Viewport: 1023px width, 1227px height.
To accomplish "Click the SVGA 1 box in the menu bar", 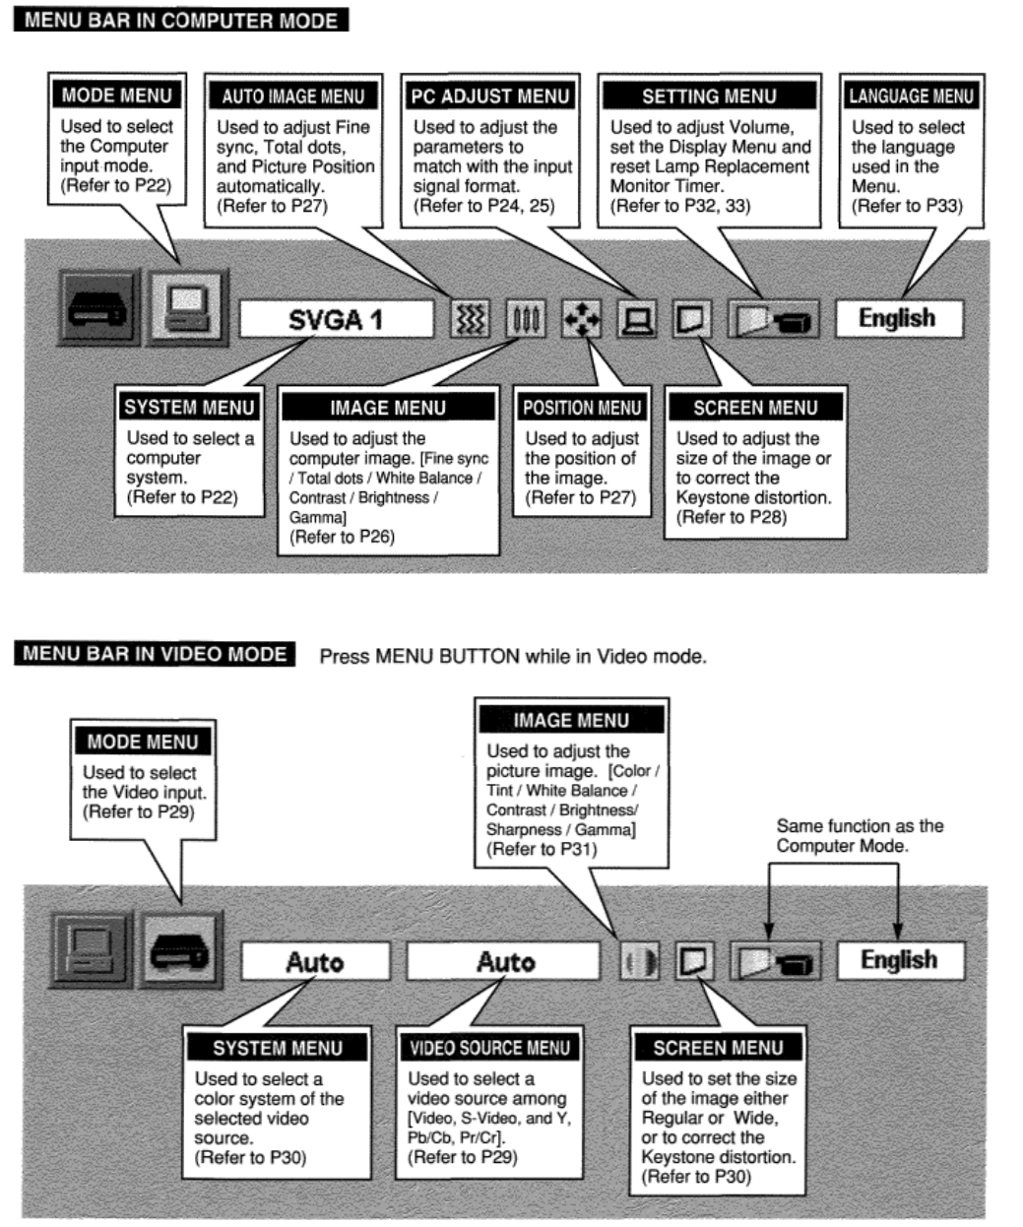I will (x=336, y=320).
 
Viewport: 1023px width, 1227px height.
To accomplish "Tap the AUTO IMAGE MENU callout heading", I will (x=292, y=97).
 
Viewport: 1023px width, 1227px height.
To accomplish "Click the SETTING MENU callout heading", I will (x=709, y=97).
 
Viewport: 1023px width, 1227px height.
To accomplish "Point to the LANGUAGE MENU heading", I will (x=911, y=97).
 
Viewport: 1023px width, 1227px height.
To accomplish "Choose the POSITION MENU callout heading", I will (x=582, y=408).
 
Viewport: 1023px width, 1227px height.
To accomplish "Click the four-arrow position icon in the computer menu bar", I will (x=581, y=320).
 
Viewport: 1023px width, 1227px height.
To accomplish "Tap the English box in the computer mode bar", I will (x=897, y=318).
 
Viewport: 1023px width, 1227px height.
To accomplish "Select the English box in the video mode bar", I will (x=899, y=960).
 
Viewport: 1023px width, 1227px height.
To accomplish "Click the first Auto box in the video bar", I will (x=315, y=961).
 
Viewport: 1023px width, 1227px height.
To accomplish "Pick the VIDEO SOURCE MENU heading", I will (x=489, y=1048).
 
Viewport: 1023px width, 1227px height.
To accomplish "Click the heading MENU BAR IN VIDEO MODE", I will (x=155, y=655).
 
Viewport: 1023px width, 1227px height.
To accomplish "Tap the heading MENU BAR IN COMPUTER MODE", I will (x=181, y=20).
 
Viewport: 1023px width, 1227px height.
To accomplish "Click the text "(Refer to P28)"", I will (x=731, y=517).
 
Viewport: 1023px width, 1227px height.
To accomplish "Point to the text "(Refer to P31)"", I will (x=542, y=849).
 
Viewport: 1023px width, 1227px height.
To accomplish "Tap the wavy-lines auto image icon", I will (x=470, y=320).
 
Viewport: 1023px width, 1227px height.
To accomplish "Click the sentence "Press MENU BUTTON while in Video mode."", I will (x=513, y=656).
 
